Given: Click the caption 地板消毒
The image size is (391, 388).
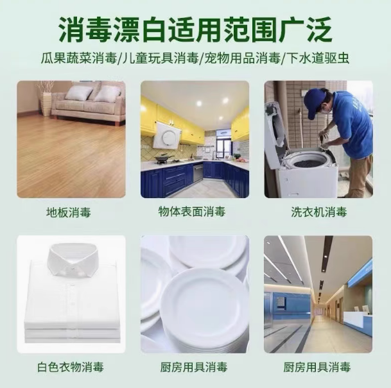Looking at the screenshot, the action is [68, 212].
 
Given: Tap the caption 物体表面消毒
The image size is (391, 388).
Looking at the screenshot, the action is [192, 212].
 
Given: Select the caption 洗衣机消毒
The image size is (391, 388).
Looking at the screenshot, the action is [319, 212].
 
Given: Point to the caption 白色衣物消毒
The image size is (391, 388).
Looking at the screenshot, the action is [71, 367].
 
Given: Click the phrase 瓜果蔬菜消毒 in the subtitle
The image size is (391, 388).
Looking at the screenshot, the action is [79, 58].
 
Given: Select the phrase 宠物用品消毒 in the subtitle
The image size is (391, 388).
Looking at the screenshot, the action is [243, 58].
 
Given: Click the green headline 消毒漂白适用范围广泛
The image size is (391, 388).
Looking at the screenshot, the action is [195, 30].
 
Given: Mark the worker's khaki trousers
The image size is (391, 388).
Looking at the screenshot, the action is [358, 174].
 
